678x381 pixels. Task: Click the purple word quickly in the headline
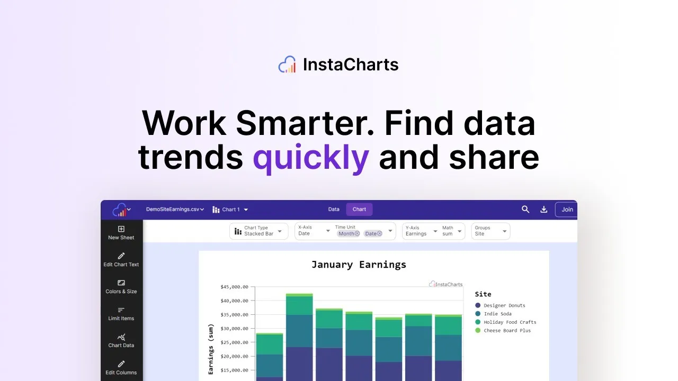[311, 158]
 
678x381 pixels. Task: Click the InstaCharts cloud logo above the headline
[287, 64]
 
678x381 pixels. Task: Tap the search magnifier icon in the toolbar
[525, 209]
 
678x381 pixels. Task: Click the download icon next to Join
[543, 209]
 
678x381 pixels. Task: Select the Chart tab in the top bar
[359, 209]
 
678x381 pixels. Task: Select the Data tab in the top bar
[334, 209]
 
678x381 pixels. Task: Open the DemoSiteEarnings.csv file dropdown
[175, 209]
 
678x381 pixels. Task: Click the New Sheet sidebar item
[121, 233]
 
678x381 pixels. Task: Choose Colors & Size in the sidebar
[121, 287]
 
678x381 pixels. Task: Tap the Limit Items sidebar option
[121, 314]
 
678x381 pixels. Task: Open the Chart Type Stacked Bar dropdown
[259, 231]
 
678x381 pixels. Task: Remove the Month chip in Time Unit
[357, 233]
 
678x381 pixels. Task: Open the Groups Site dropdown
[490, 231]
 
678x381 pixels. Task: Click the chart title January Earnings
[359, 265]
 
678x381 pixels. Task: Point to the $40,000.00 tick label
[234, 301]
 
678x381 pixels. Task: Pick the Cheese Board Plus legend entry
[503, 331]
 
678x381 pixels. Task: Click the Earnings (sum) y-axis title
[211, 349]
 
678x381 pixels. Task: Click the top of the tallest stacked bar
[299, 294]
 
